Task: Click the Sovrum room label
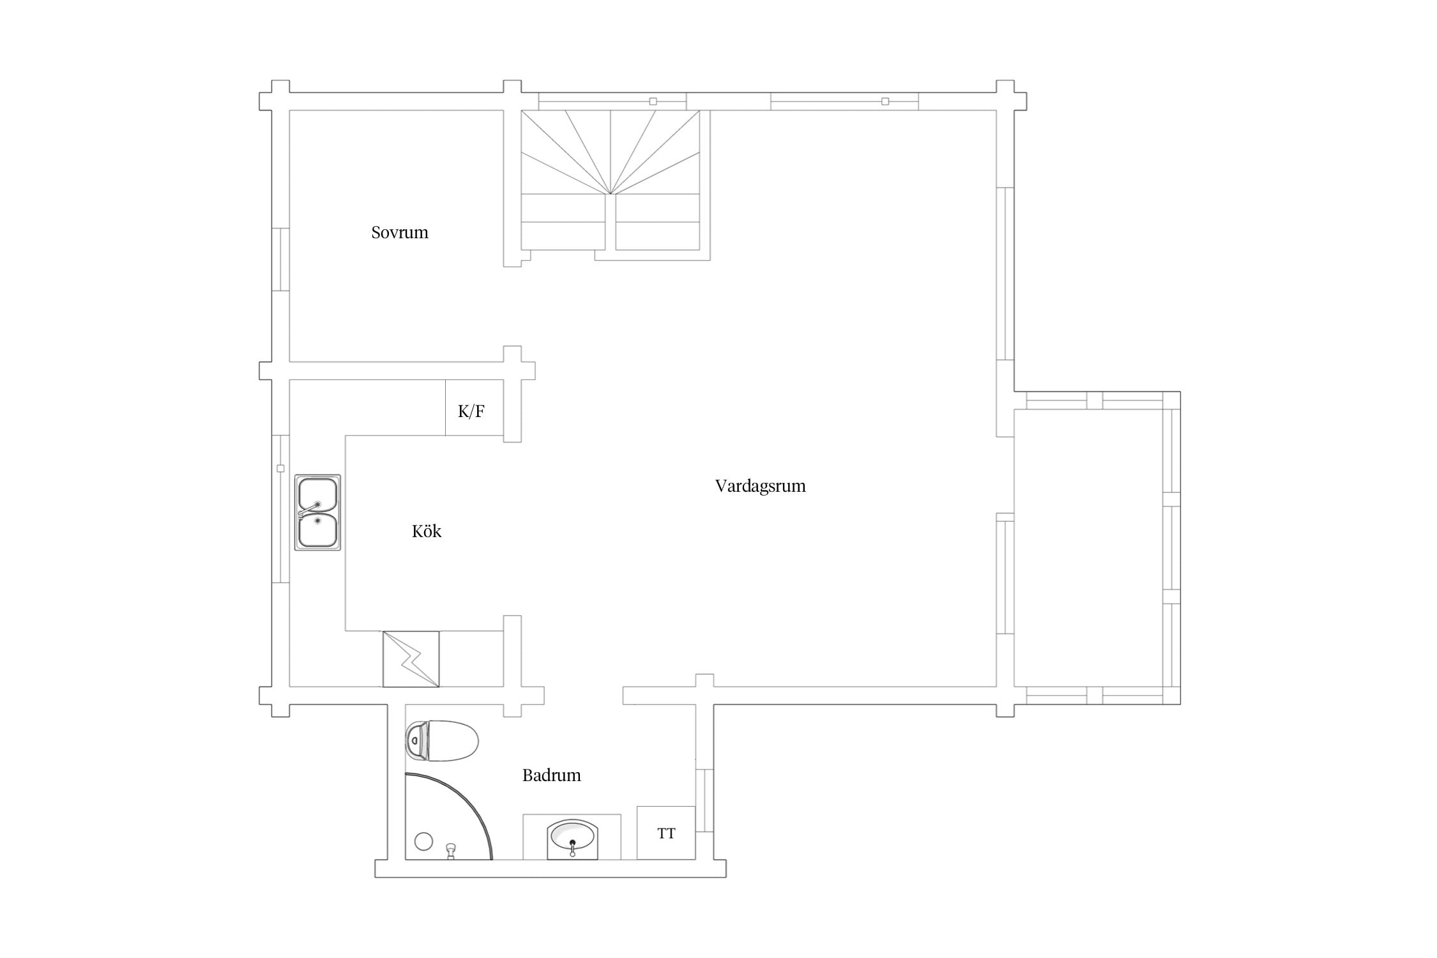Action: click(x=400, y=232)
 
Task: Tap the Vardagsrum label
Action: click(x=760, y=486)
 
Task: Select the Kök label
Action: click(x=427, y=531)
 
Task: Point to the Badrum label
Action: click(x=552, y=775)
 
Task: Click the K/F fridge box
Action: click(x=474, y=407)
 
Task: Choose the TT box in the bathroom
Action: click(x=666, y=833)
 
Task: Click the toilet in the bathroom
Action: click(x=442, y=741)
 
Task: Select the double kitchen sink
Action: click(x=317, y=512)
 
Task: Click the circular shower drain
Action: click(x=423, y=841)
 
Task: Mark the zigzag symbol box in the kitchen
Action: click(x=411, y=659)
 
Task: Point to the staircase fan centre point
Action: click(x=611, y=194)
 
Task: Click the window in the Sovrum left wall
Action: click(x=281, y=259)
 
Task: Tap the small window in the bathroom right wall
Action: click(x=704, y=800)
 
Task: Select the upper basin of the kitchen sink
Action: click(x=317, y=494)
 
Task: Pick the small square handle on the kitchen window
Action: click(x=280, y=469)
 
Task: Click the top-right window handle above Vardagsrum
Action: click(x=885, y=102)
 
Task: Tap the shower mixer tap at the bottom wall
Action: click(x=451, y=851)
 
